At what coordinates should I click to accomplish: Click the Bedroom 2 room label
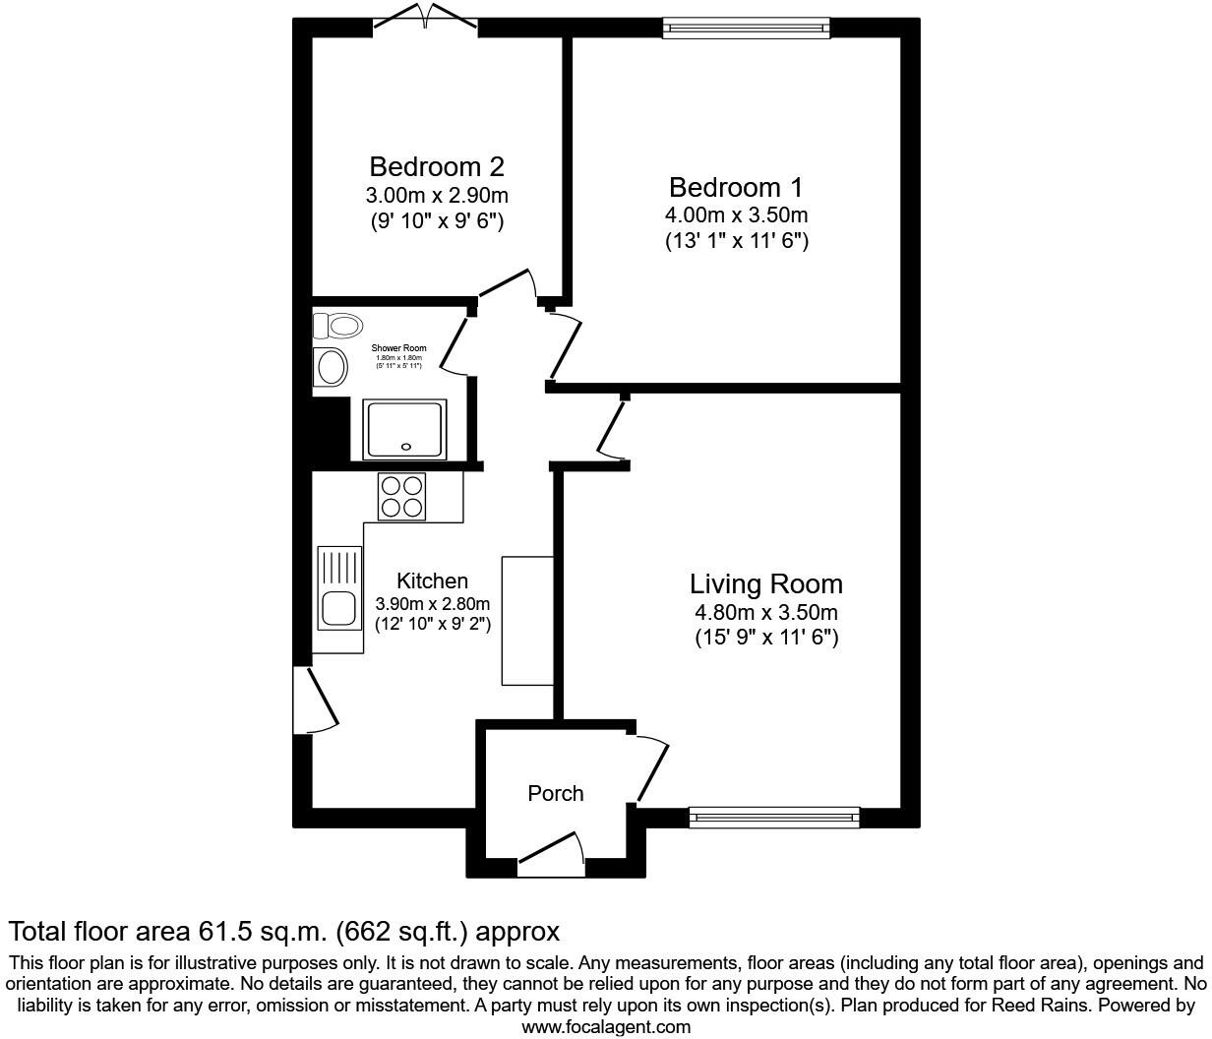pos(437,166)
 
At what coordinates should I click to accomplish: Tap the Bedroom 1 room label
pos(736,187)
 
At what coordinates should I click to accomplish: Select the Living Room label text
pos(765,583)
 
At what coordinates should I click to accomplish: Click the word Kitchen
pos(432,581)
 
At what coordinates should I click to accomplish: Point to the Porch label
pos(555,793)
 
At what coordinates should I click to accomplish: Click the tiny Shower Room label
pos(398,348)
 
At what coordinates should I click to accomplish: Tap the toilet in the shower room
pos(337,324)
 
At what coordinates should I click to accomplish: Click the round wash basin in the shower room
pos(331,367)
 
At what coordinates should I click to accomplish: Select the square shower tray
pos(405,429)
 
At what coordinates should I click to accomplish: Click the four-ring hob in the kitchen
pos(402,496)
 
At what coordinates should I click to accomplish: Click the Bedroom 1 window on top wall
pos(746,28)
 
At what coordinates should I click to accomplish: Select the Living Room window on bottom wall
pos(774,816)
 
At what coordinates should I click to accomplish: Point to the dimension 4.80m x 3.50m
pos(765,613)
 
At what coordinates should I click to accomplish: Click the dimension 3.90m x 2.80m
pos(433,604)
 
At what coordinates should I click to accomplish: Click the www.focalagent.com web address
pos(605,1027)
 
